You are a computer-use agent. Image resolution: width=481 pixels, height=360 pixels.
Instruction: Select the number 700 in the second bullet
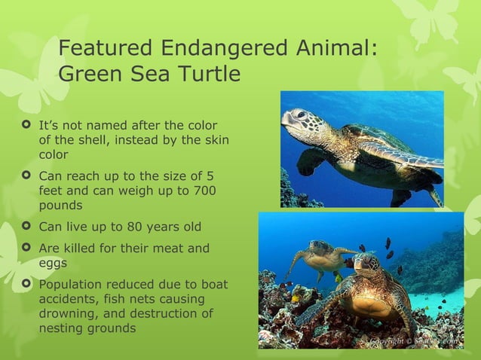203,191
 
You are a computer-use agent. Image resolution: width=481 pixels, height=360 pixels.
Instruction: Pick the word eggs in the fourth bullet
52,262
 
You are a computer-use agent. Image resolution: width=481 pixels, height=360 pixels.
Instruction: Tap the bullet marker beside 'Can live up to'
26,226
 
